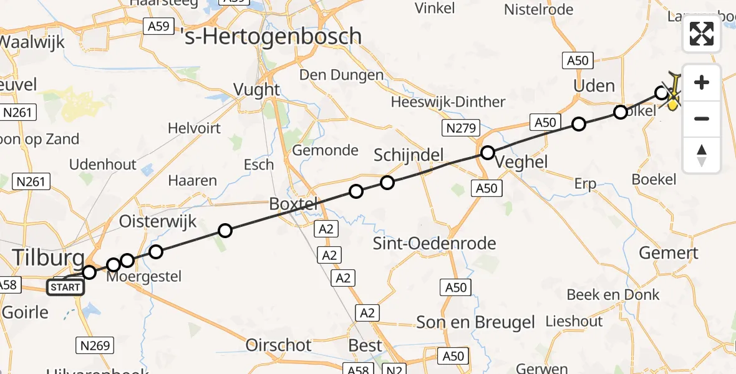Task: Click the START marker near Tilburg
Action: click(x=65, y=287)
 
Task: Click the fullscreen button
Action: click(x=702, y=34)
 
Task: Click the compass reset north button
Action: click(x=702, y=155)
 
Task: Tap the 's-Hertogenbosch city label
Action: click(x=274, y=36)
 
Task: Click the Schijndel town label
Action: click(x=408, y=155)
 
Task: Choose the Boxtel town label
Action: click(x=293, y=203)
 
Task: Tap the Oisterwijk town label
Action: click(x=158, y=221)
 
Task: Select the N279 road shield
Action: click(x=461, y=129)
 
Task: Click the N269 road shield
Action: click(x=95, y=345)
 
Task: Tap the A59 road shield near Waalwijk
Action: click(x=158, y=26)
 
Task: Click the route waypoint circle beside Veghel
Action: click(x=488, y=153)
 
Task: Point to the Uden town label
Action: click(x=594, y=85)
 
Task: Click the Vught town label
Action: click(x=256, y=89)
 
